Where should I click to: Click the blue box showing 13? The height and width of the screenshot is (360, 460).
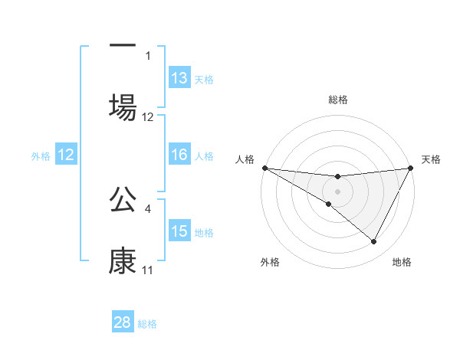click(179, 78)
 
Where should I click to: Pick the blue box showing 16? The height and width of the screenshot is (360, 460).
click(179, 155)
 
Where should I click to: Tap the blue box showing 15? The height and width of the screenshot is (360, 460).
click(179, 231)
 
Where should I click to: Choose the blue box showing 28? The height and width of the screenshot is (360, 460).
click(123, 322)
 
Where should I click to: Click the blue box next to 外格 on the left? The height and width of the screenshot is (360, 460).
click(66, 155)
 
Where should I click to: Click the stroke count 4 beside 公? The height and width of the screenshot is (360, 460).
click(148, 207)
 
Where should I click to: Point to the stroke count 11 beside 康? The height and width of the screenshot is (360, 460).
click(147, 270)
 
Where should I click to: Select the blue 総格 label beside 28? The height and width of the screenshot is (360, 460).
click(147, 324)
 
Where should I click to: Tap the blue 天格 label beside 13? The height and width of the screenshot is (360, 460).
click(203, 80)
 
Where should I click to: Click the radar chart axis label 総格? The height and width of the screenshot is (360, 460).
click(337, 100)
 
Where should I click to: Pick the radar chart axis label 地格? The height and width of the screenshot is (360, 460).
click(402, 262)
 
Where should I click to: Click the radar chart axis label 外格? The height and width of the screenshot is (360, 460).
click(270, 262)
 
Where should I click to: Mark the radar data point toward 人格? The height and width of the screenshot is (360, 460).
click(264, 168)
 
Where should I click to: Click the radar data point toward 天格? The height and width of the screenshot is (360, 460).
click(410, 168)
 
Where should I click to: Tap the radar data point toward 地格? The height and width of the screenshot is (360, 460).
click(374, 242)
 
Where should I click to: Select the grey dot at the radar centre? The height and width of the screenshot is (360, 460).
click(337, 191)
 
